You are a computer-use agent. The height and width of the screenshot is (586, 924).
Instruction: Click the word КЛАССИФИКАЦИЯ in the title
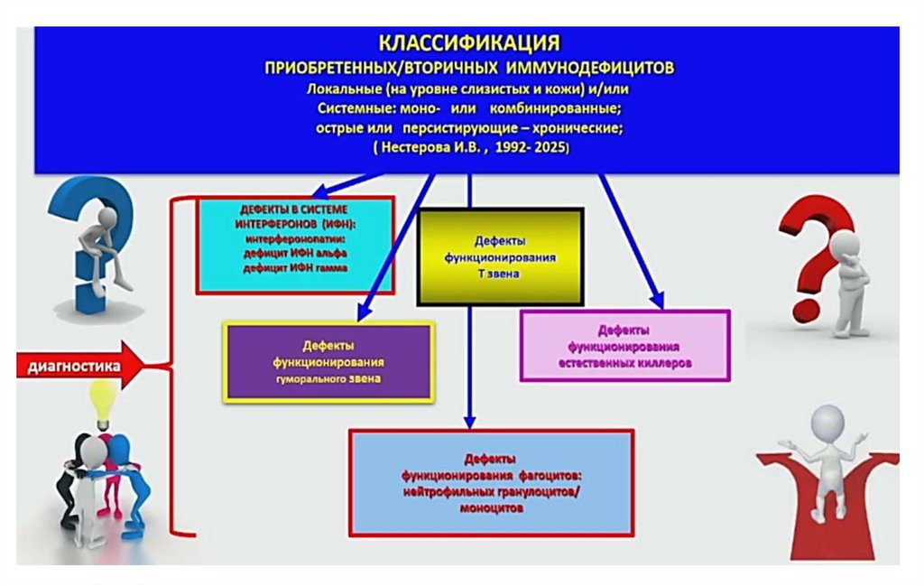click(x=468, y=43)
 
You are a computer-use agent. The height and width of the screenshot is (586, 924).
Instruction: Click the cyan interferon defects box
click(x=295, y=244)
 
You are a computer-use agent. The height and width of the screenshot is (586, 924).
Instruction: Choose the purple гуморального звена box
click(x=328, y=362)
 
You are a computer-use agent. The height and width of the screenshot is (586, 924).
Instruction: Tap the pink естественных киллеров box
click(x=624, y=347)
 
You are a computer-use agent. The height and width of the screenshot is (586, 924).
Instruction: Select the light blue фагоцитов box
click(x=491, y=482)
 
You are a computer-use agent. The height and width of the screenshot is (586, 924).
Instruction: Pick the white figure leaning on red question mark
click(x=846, y=280)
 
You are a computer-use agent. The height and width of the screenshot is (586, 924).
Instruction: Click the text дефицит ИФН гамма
click(x=295, y=269)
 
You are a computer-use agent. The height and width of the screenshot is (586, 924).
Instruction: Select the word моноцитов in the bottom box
click(x=491, y=508)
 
